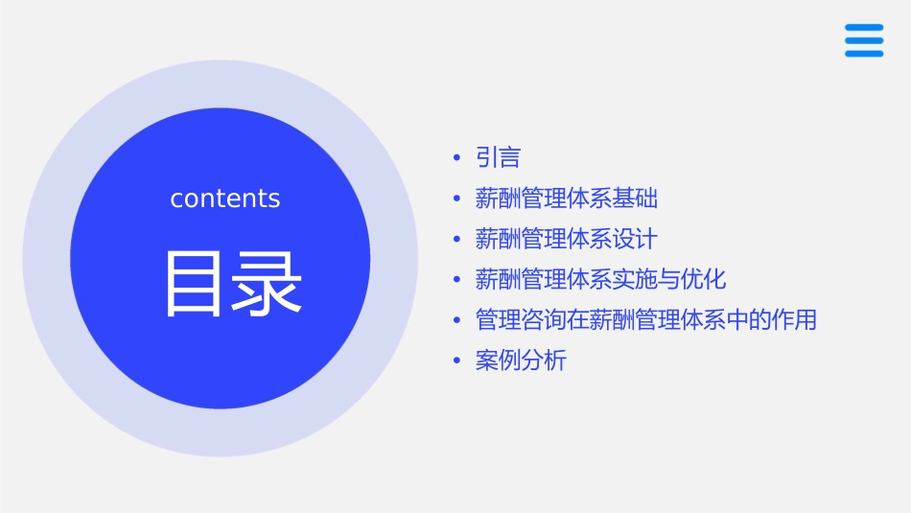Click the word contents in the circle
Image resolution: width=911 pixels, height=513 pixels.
click(225, 198)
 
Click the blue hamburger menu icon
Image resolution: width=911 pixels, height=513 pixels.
click(863, 40)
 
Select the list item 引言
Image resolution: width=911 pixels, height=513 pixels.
click(498, 158)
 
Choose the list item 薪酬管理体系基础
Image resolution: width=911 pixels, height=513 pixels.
click(567, 198)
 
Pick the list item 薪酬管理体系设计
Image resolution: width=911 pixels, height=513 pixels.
click(567, 239)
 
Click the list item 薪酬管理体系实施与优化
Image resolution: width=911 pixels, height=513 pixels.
click(601, 279)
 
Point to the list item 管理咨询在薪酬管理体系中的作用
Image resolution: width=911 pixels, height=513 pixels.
click(646, 319)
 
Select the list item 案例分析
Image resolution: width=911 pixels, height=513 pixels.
click(521, 361)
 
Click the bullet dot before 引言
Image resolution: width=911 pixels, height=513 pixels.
click(456, 158)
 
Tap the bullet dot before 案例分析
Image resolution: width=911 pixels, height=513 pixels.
click(456, 361)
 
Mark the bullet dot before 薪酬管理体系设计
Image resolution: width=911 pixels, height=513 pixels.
click(456, 239)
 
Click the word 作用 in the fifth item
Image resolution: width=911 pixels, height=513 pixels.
click(795, 319)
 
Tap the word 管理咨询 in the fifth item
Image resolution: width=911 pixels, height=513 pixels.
click(521, 319)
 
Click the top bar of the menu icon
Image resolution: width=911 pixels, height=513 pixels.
click(863, 28)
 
